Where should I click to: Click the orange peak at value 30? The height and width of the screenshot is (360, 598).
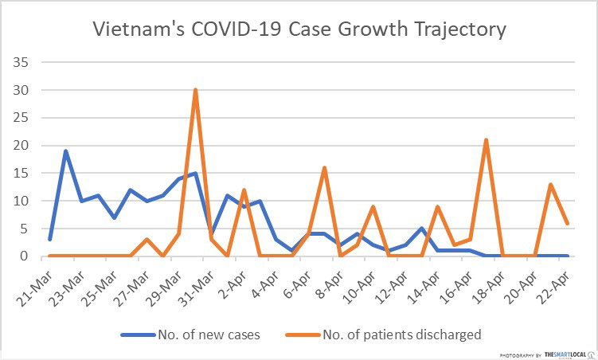click(x=195, y=90)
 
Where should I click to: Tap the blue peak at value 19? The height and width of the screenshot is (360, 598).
click(x=66, y=151)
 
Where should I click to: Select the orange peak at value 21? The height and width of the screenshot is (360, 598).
click(x=486, y=140)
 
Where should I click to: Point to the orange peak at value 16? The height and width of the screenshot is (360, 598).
click(x=324, y=167)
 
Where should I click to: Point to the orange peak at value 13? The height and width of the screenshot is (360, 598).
click(x=550, y=184)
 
